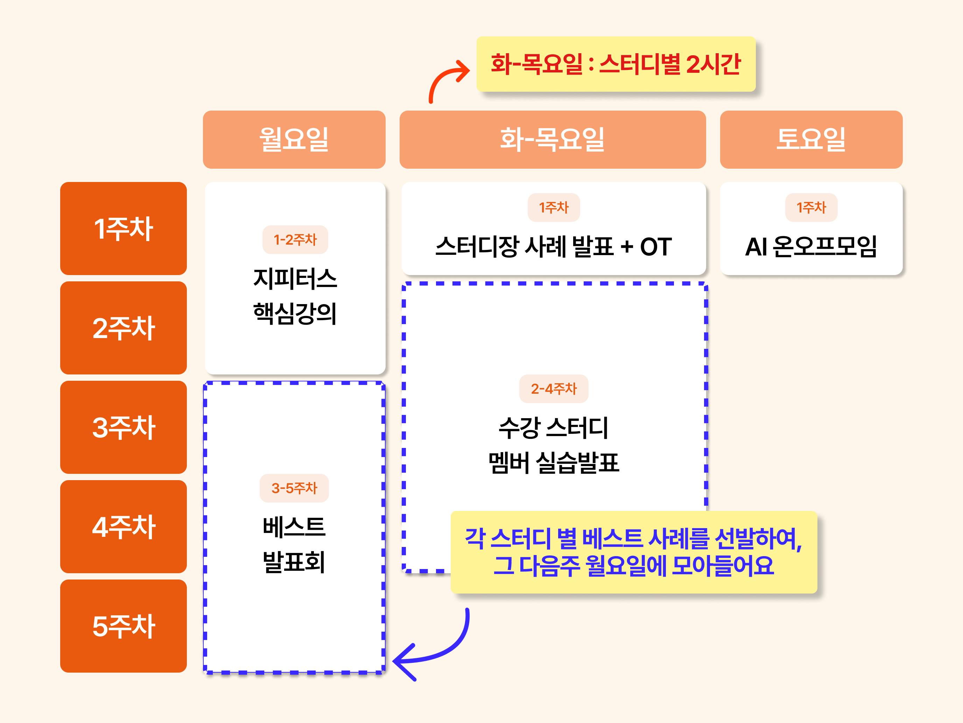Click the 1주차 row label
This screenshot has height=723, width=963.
pyautogui.click(x=123, y=228)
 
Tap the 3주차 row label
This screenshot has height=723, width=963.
pyautogui.click(x=123, y=427)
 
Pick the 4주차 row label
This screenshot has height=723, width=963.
pyautogui.click(x=123, y=526)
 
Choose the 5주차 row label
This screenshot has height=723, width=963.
pyautogui.click(x=123, y=626)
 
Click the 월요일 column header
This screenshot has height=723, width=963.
pyautogui.click(x=294, y=139)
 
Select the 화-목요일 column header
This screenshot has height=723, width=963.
pyautogui.click(x=553, y=139)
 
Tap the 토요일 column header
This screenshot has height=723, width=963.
pyautogui.click(x=811, y=139)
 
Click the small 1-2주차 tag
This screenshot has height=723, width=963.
pyautogui.click(x=295, y=239)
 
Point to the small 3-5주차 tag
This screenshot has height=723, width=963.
pyautogui.click(x=294, y=488)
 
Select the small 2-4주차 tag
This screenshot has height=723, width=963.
pyautogui.click(x=554, y=389)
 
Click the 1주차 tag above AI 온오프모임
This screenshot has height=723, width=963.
pyautogui.click(x=811, y=207)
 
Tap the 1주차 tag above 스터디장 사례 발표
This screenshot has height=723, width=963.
pyautogui.click(x=554, y=207)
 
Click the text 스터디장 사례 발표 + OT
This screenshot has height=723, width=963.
pyautogui.click(x=553, y=246)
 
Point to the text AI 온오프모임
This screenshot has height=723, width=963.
pyautogui.click(x=811, y=246)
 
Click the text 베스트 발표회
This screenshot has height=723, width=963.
pyautogui.click(x=294, y=545)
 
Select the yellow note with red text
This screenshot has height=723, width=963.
pyautogui.click(x=616, y=64)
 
